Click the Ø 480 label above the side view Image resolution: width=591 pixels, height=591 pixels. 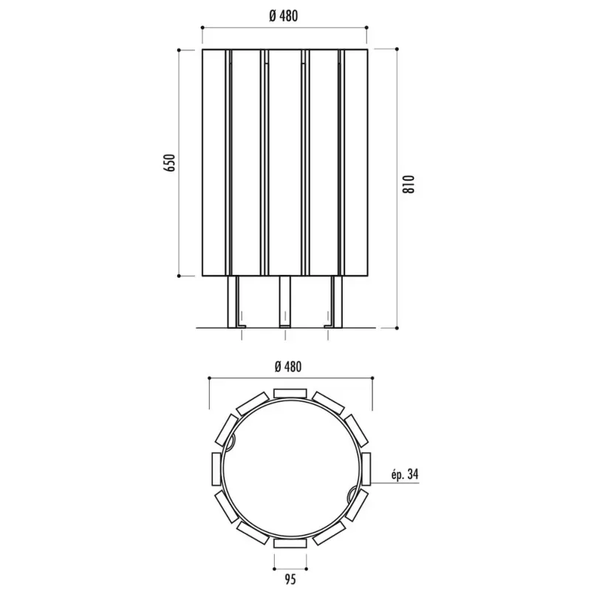click(284, 16)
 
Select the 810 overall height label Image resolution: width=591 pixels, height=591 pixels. click(409, 184)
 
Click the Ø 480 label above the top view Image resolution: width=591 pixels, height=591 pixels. click(288, 366)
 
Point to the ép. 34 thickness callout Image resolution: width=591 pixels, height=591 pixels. click(405, 474)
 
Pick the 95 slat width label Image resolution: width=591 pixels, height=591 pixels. click(290, 579)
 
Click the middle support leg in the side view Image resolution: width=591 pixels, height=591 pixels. click(285, 301)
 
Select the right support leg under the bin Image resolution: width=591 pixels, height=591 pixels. click(336, 301)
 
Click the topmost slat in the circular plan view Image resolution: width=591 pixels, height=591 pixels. click(290, 394)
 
